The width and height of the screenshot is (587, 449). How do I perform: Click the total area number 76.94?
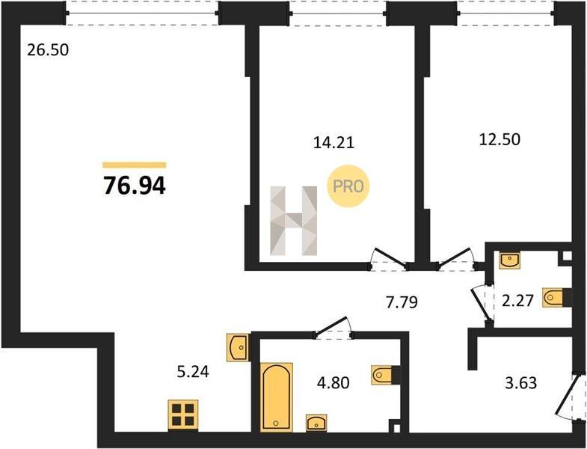coord(135,185)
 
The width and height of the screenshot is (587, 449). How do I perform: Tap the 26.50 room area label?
coord(48,50)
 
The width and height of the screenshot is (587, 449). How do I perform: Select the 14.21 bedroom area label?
coord(334,142)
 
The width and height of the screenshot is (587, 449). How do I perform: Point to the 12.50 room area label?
coord(500,139)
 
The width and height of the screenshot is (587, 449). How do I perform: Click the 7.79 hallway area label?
coord(402,302)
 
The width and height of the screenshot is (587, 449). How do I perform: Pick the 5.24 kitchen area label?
coord(193,372)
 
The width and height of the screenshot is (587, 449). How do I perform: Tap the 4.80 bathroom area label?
coord(334,382)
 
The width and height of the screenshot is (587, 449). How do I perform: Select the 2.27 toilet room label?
coord(517,301)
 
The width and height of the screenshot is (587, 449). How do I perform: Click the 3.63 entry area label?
coord(521,383)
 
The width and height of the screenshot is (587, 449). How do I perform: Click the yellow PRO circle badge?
coord(348,186)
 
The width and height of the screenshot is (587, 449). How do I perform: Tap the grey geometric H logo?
coord(293,221)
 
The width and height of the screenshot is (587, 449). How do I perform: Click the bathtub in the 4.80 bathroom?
coord(276,397)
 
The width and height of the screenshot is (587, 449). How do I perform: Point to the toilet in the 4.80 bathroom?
coord(386,374)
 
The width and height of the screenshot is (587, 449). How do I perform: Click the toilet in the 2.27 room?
coord(556,298)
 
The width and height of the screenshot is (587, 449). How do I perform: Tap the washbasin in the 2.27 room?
coord(509,260)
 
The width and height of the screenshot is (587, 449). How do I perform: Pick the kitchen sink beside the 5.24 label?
coord(238,347)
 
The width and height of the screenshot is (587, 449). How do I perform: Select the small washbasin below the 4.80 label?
coord(316,423)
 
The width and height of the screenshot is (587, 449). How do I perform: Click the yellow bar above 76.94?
coord(135,165)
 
